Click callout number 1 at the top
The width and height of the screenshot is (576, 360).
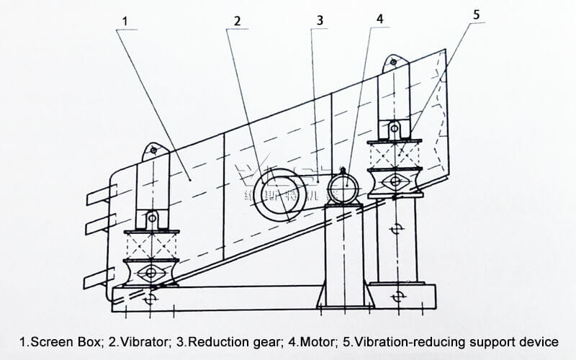tap(125, 22)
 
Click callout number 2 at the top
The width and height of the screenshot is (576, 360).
tap(237, 22)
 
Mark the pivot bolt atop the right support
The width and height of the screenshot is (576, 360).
tap(393, 62)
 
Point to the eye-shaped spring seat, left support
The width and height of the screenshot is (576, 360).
tap(150, 273)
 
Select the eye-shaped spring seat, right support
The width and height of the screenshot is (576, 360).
tap(395, 181)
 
